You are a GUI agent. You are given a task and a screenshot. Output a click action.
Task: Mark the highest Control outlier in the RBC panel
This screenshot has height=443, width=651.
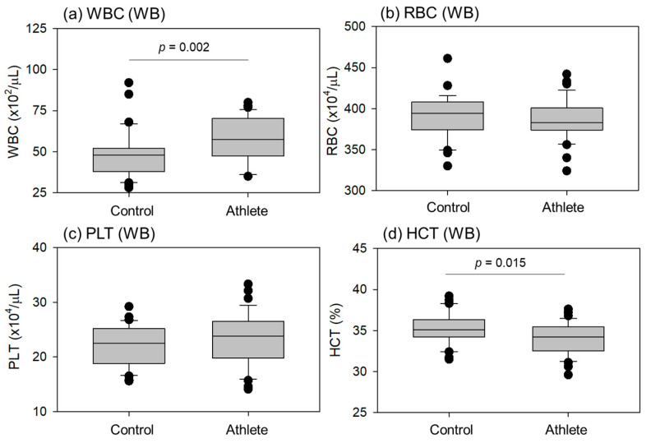coord(447,58)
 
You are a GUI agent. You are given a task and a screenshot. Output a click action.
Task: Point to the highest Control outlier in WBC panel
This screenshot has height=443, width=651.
coord(128,83)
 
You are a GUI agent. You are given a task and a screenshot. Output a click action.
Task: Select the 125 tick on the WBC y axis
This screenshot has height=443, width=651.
coord(57,28)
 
